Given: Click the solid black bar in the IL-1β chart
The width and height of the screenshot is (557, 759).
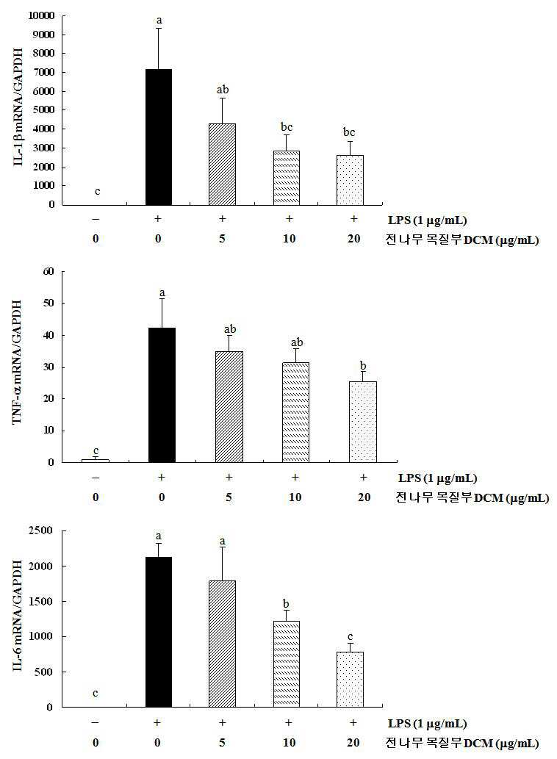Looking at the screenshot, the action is [x=158, y=137].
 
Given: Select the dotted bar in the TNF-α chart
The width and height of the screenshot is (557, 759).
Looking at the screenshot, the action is [x=362, y=422].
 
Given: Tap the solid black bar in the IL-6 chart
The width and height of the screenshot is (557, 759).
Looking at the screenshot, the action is [x=158, y=632].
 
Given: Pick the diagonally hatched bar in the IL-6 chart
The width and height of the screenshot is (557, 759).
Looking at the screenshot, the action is [x=222, y=644].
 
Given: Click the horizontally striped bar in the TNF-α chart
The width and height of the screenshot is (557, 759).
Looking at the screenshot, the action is [x=295, y=412].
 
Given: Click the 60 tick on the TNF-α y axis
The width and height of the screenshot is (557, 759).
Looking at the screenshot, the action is [x=48, y=272].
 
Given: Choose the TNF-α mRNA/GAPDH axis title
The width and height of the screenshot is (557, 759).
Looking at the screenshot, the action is [x=18, y=362].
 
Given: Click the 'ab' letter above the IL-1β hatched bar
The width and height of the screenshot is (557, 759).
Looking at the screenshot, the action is [x=223, y=90].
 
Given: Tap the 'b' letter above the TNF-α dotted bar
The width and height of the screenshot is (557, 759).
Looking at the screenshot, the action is [x=363, y=366].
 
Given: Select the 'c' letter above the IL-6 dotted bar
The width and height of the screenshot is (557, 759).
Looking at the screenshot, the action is [x=350, y=636].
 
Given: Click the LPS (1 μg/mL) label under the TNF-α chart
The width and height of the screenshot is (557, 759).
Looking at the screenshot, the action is [x=437, y=478].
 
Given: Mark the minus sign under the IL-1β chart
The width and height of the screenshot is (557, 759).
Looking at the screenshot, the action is [x=96, y=219].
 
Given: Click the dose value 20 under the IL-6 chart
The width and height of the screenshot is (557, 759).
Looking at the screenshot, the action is [x=353, y=743].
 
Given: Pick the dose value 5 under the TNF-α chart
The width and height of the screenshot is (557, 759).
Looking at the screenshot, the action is [x=229, y=497].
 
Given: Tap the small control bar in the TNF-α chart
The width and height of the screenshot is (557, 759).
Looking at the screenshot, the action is [x=96, y=461].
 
